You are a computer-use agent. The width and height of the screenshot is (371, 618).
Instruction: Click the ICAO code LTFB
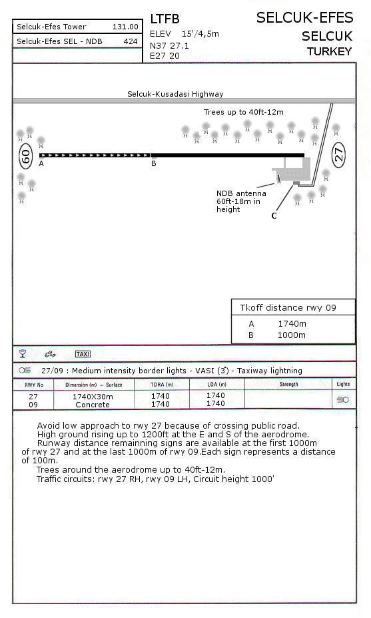[165, 19]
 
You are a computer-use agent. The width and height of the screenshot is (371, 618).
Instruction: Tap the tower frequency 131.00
[125, 27]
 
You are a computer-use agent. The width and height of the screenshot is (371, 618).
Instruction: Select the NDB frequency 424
[131, 41]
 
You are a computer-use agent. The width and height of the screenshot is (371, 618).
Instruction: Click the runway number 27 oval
[339, 154]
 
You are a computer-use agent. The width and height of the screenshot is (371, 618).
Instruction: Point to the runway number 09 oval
[25, 157]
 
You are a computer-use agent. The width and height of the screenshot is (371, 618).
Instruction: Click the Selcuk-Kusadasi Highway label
[175, 94]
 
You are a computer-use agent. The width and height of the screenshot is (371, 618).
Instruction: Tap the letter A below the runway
[41, 163]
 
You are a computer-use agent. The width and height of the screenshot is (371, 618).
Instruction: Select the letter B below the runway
[154, 163]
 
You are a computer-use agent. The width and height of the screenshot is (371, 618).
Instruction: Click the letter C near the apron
[274, 215]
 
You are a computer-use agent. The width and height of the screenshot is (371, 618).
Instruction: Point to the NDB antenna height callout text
[241, 201]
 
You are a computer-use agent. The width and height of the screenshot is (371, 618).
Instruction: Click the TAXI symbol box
[83, 354]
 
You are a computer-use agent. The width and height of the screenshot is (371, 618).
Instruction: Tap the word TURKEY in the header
[329, 51]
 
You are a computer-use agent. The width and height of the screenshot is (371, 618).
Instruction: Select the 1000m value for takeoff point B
[292, 335]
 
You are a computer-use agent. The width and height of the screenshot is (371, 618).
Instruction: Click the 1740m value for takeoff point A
[292, 323]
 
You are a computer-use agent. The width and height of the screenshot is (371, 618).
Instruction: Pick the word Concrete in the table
[93, 405]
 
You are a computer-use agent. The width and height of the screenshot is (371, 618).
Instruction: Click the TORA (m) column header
[162, 384]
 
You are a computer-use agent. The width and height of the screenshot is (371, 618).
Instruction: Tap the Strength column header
[288, 384]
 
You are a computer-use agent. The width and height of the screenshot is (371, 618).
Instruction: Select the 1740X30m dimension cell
[93, 397]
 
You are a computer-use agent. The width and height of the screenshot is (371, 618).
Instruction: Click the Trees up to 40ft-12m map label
[243, 112]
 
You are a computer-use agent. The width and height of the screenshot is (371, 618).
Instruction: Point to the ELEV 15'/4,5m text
[185, 34]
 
